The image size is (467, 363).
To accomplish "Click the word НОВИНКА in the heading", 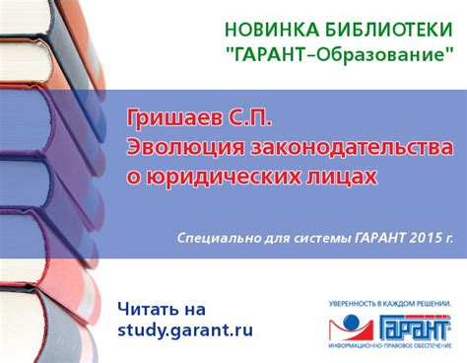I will point(266,30).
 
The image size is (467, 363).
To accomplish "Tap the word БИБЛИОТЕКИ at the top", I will point(376,30).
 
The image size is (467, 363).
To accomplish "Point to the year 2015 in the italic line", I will point(420,238).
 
